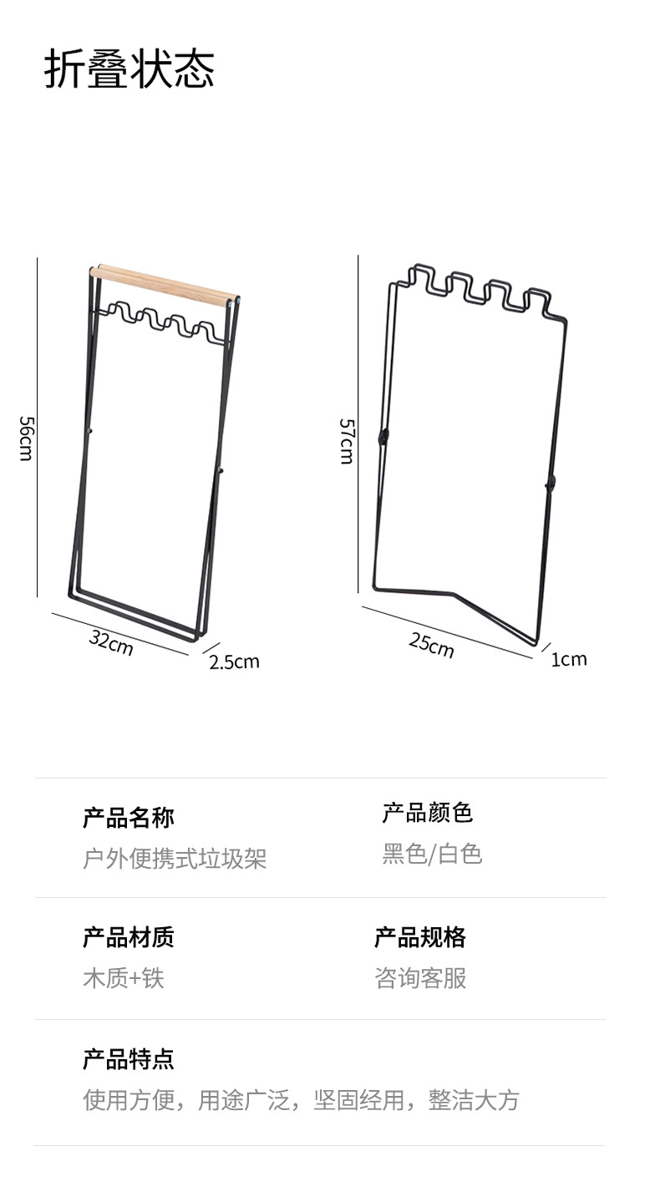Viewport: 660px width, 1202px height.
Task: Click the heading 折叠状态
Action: pos(129,69)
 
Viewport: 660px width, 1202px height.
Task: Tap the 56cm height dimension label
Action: pos(25,439)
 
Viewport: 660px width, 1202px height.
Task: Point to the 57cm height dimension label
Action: pos(347,440)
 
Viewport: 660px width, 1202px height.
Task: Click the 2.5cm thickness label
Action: pos(234,662)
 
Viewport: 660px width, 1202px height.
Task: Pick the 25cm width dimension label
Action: pos(431,644)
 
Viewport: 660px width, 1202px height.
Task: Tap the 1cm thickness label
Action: pos(568,659)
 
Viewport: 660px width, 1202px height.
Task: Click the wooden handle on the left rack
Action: pos(163,284)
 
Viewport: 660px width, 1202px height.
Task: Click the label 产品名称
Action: pos(129,818)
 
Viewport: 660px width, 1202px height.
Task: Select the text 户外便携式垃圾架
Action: pos(175,858)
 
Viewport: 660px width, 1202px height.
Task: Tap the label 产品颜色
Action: pos(428,812)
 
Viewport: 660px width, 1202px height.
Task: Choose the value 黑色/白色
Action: pos(432,854)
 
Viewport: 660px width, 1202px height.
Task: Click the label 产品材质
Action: pos(129,937)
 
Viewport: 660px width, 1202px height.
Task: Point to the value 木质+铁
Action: pos(124,978)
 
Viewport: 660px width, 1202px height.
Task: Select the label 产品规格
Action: pos(420,937)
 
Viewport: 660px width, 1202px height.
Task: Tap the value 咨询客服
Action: pos(420,978)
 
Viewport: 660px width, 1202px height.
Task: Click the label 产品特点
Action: pos(129,1059)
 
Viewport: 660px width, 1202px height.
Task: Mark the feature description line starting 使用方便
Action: pos(301,1100)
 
